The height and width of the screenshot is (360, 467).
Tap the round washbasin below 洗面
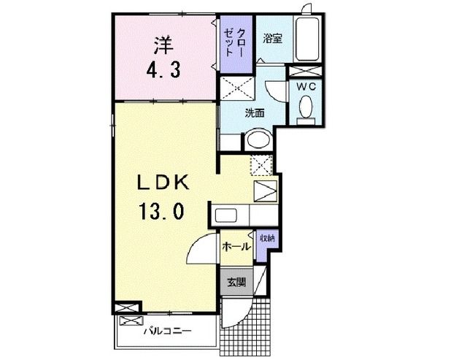point(256,139)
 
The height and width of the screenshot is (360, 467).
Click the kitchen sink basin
point(228,217)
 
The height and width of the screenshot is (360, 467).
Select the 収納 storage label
point(266,238)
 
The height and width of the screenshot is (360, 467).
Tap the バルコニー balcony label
point(166,331)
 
